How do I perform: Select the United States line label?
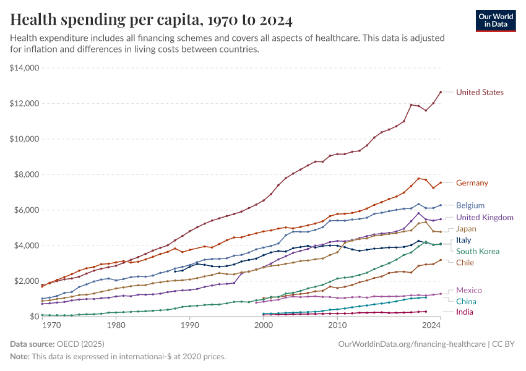(x=480, y=92)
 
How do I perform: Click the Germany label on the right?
(x=472, y=183)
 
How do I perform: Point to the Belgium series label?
(x=470, y=205)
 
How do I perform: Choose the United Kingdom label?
(x=485, y=218)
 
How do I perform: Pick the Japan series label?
(x=466, y=229)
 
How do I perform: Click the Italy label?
(x=463, y=240)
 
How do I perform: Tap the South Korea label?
(x=477, y=252)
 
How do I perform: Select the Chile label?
(x=465, y=263)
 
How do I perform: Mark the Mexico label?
(x=468, y=291)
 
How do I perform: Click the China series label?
(x=466, y=301)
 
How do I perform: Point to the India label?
(x=465, y=312)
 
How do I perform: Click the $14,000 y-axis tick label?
(x=25, y=68)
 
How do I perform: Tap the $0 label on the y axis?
(x=35, y=317)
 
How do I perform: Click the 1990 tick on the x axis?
(x=189, y=325)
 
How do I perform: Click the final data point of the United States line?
(x=441, y=92)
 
